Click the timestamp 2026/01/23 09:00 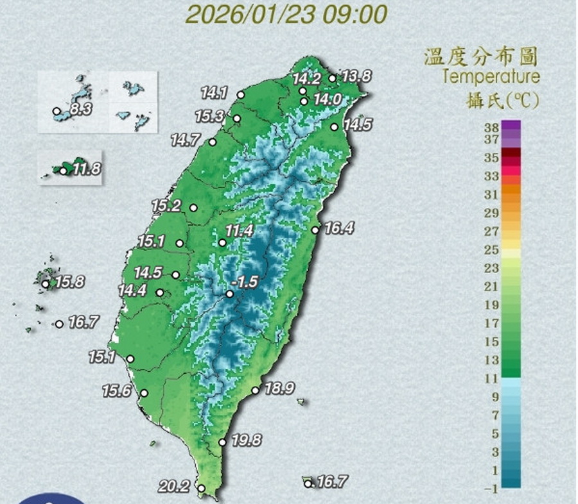tap(286, 13)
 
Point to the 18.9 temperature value tap(279, 388)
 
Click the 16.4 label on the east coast tap(339, 228)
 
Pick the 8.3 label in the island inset tap(81, 110)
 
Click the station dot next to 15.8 tap(46, 283)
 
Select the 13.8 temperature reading tap(356, 76)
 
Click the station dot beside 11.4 tap(222, 242)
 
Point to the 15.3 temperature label tap(209, 117)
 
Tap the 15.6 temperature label tap(116, 390)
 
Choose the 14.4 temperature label tap(132, 290)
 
